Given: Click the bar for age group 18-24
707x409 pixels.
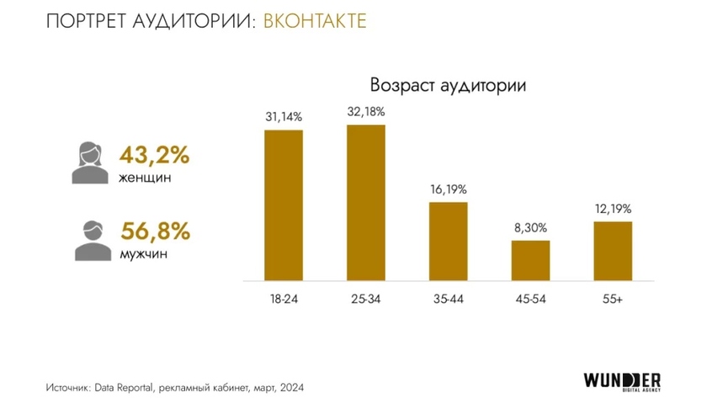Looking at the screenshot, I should click(284, 205).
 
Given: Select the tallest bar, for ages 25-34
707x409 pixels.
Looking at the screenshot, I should click(366, 202).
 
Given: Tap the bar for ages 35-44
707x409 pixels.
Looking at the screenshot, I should click(448, 241).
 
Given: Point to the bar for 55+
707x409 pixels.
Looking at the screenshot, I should click(612, 251).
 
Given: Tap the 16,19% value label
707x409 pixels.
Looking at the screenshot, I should click(448, 190).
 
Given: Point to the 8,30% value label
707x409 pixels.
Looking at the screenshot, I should click(530, 229).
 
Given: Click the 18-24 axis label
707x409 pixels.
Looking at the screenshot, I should click(284, 300).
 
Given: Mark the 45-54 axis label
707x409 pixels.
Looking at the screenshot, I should click(530, 300).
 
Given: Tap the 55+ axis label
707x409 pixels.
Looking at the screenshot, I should click(612, 300).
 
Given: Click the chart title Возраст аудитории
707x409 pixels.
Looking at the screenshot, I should click(448, 86).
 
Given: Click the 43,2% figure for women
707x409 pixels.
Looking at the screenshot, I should click(154, 156).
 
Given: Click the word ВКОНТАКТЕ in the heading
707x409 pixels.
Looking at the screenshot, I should click(315, 21).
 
